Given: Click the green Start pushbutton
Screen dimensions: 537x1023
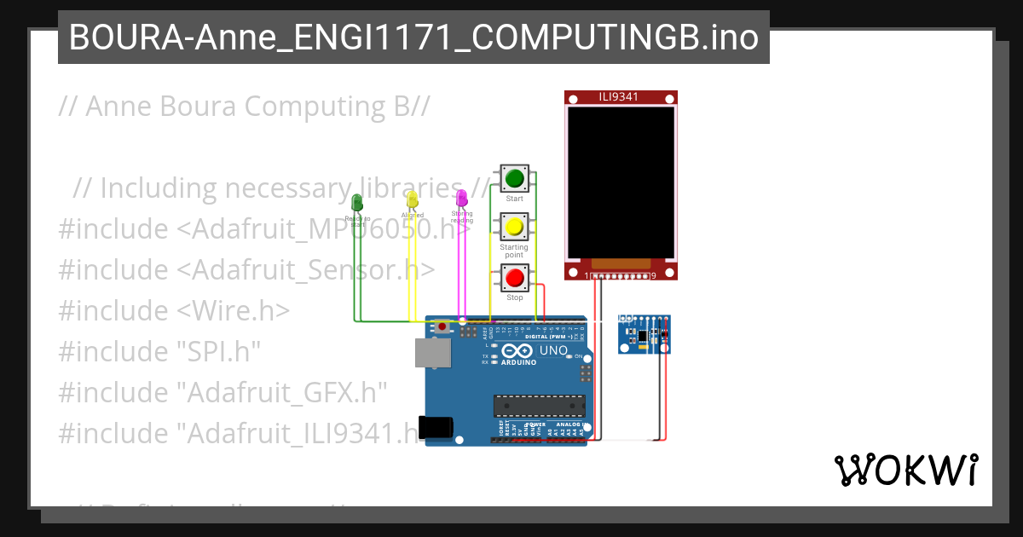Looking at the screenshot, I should (514, 179).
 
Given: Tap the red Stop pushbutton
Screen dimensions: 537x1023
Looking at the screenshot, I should (514, 278).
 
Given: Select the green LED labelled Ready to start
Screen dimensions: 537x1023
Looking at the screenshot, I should (357, 202).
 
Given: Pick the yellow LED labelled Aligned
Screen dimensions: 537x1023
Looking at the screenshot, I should (412, 199).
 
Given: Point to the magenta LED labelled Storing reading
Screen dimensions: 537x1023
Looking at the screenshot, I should (461, 198).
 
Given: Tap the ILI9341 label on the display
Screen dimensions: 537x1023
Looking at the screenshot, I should (621, 97).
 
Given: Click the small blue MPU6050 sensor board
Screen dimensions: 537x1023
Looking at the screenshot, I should (644, 333).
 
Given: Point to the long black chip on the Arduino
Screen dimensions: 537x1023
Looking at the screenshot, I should (540, 407).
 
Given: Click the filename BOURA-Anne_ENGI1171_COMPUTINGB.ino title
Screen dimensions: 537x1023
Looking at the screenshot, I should (413, 38).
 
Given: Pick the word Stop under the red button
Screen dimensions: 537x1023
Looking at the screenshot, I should (514, 297).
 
